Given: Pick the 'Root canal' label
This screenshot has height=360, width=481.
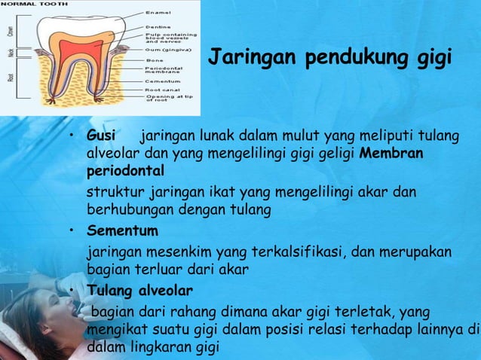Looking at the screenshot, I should [x=163, y=89].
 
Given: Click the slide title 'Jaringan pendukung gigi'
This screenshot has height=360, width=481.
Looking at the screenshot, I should [x=329, y=57].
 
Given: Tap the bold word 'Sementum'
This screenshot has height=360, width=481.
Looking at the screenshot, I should [x=123, y=229].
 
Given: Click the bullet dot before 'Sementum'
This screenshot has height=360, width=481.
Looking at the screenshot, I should [x=70, y=229].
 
